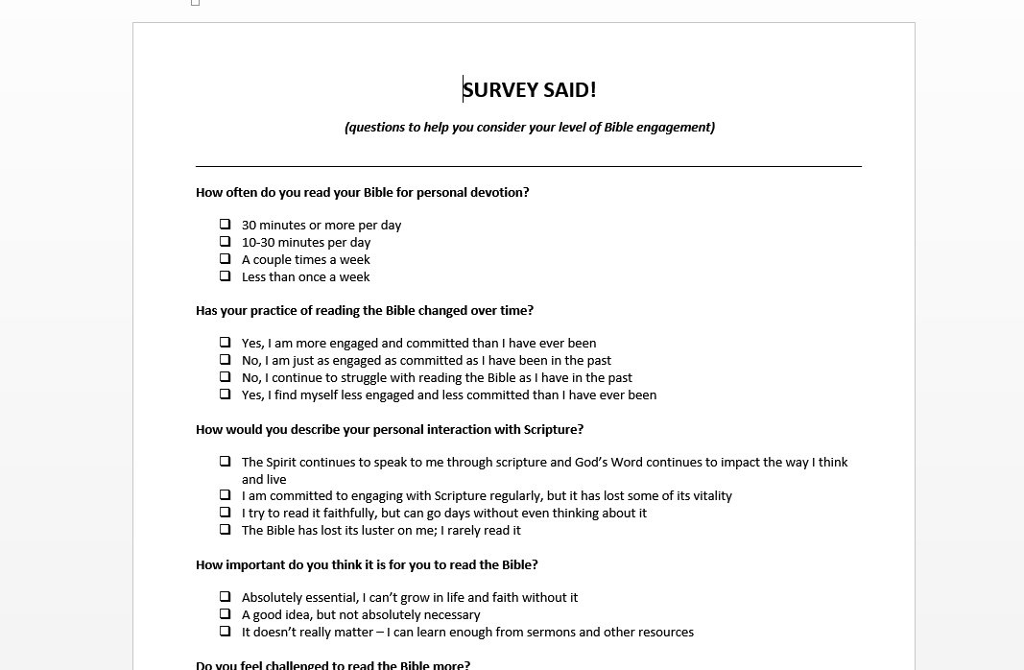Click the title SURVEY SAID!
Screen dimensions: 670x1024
(x=529, y=90)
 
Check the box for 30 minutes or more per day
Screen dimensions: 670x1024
(x=226, y=225)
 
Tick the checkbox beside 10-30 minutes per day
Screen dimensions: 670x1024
(x=226, y=242)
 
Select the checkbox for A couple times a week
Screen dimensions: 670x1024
(x=226, y=259)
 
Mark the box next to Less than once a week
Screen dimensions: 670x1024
(x=226, y=276)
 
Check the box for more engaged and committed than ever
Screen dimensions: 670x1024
(x=226, y=343)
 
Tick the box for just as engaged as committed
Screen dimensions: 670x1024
(x=226, y=360)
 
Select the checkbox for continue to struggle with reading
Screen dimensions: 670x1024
(x=226, y=377)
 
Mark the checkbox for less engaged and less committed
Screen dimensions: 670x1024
(x=226, y=395)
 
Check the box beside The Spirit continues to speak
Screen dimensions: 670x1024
(x=226, y=462)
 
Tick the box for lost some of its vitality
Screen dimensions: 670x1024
(x=226, y=495)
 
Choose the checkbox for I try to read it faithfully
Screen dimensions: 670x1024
(x=226, y=513)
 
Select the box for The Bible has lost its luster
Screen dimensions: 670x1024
(x=226, y=530)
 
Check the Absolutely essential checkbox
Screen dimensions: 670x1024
(x=226, y=597)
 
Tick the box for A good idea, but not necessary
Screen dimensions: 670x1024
(x=226, y=614)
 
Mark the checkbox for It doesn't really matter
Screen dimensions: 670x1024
(x=226, y=632)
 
